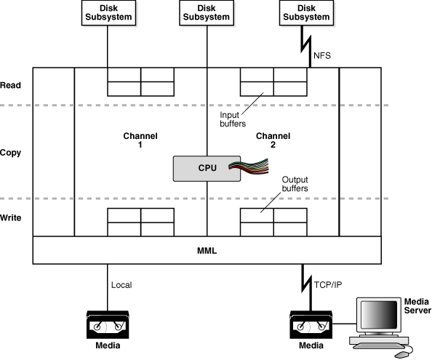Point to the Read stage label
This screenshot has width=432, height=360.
[x=11, y=85]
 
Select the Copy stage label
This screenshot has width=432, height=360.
[x=11, y=153]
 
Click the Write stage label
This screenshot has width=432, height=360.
[x=11, y=217]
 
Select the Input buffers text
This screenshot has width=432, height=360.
[x=233, y=119]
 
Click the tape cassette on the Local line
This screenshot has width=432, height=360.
[x=108, y=323]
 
